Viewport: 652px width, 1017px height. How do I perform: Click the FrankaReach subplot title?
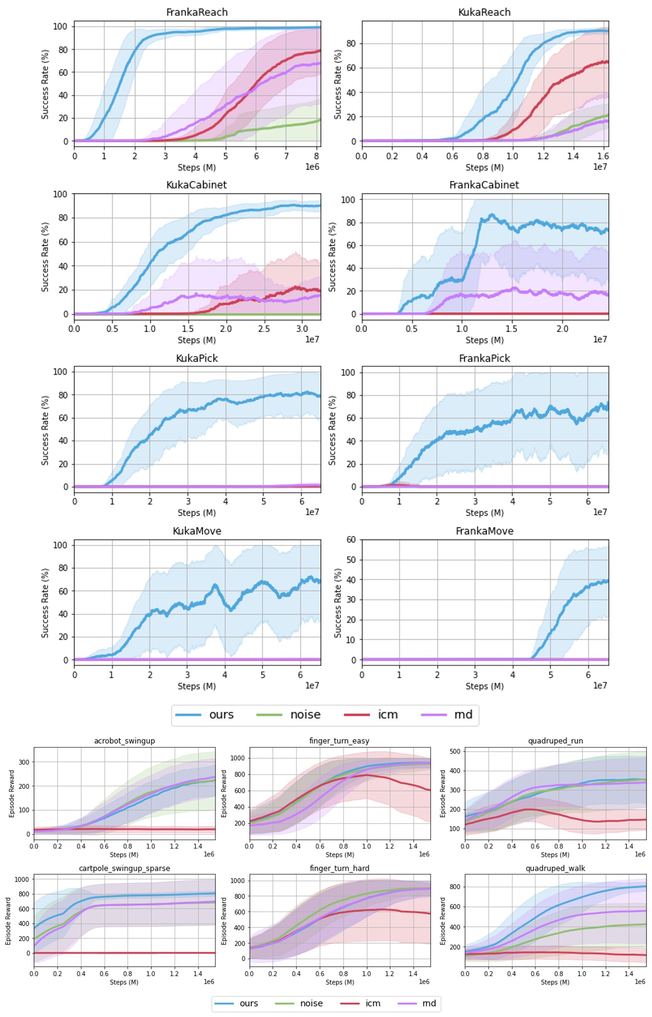click(196, 12)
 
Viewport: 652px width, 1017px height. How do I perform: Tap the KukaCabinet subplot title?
click(196, 185)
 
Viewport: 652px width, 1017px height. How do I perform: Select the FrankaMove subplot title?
click(484, 531)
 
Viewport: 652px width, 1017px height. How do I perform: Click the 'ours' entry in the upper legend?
click(221, 715)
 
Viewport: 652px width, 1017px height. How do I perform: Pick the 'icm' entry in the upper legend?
click(388, 715)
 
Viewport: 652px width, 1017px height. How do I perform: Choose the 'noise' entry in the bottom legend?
click(311, 1003)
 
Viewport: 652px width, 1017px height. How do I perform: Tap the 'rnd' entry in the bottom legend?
click(429, 1003)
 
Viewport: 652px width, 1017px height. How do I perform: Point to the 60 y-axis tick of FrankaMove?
click(351, 539)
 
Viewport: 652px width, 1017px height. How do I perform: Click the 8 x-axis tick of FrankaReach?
click(317, 156)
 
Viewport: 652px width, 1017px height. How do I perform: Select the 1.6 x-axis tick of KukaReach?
click(603, 156)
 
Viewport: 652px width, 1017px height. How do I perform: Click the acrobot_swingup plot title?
click(125, 741)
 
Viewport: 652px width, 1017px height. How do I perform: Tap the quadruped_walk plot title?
click(555, 868)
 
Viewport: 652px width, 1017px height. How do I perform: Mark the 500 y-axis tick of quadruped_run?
click(455, 751)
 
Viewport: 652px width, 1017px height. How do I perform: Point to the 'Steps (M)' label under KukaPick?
click(196, 513)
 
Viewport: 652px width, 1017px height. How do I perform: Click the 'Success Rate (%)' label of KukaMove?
click(45, 603)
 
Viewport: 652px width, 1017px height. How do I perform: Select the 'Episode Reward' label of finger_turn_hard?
click(224, 920)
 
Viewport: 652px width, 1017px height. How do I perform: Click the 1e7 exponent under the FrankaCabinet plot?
click(600, 339)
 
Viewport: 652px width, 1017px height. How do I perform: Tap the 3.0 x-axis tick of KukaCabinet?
click(302, 329)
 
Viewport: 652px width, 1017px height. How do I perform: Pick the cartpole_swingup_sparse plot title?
click(125, 868)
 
